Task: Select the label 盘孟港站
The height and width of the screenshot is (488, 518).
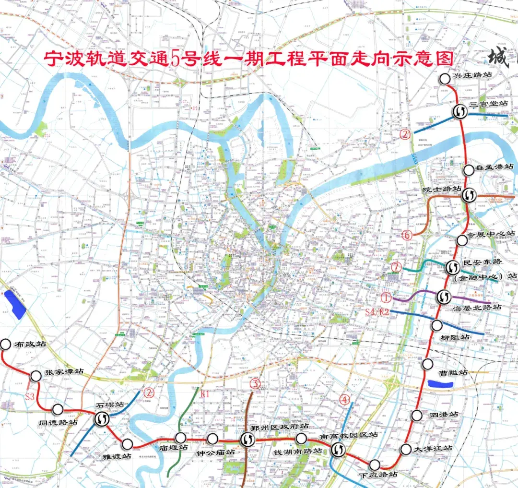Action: pos(495,167)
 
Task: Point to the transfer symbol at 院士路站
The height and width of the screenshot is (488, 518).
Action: pos(469,195)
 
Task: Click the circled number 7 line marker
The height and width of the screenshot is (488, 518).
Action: pos(396,267)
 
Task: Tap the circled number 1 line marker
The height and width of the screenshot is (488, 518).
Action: pos(387,298)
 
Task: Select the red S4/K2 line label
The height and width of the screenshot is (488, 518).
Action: pos(377,312)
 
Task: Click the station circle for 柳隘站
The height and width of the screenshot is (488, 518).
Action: pos(436,325)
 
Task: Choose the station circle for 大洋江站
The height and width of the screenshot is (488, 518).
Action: pos(406,449)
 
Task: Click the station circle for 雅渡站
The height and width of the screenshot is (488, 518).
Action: pos(127,444)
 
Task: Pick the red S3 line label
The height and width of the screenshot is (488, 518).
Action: pos(30,396)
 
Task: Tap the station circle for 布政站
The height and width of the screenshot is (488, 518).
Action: pos(6,344)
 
